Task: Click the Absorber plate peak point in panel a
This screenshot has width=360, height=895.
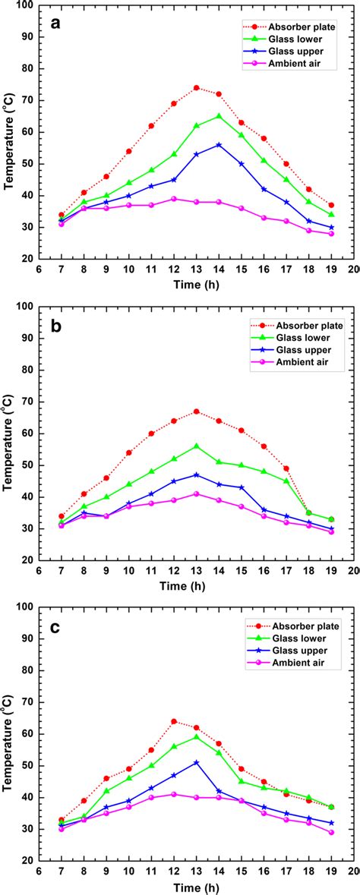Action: click(196, 87)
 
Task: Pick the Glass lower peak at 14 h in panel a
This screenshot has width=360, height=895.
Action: click(219, 116)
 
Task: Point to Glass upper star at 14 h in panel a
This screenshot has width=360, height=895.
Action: click(219, 144)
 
